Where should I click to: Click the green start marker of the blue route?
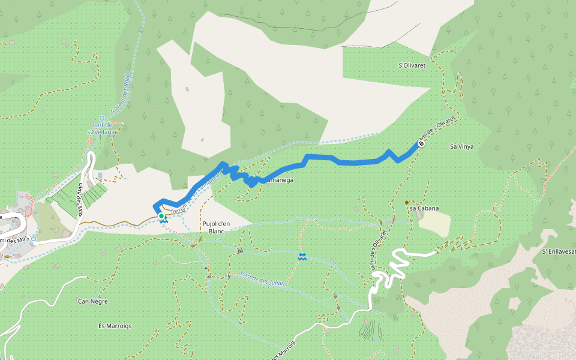(161, 216)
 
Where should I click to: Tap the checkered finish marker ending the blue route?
(421, 143)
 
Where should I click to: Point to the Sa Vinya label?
(461, 146)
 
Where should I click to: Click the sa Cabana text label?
(424, 208)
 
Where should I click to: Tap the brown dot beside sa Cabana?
(407, 203)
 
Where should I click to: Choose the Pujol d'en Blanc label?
(215, 227)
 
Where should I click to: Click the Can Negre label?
(92, 301)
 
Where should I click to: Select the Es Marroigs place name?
(115, 326)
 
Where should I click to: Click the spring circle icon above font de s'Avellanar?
(102, 118)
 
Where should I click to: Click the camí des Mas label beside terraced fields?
(80, 199)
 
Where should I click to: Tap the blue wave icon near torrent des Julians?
(302, 257)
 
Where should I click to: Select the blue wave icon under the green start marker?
(163, 222)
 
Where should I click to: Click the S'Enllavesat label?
(558, 251)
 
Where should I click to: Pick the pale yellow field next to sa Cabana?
(434, 223)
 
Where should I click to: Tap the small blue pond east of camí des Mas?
(100, 175)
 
